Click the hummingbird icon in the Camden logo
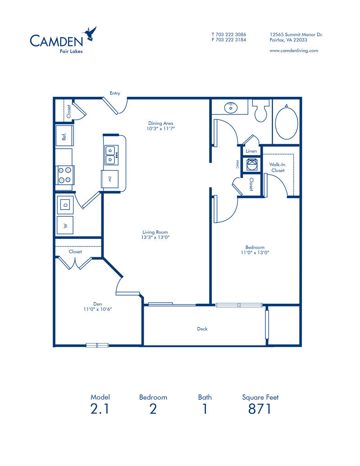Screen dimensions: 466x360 pyautogui.click(x=90, y=34)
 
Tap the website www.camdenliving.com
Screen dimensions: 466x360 pyautogui.click(x=294, y=50)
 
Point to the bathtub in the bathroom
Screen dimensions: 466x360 pyautogui.click(x=286, y=123)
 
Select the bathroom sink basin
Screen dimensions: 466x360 pyautogui.click(x=231, y=107)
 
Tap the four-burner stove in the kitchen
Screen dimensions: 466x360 pyautogui.click(x=65, y=175)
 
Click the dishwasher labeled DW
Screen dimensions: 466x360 pyautogui.click(x=110, y=179)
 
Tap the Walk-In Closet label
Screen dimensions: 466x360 pyautogui.click(x=277, y=168)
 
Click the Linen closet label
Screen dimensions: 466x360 pyautogui.click(x=251, y=151)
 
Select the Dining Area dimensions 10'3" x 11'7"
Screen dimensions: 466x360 pyautogui.click(x=161, y=128)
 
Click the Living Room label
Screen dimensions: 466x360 pyautogui.click(x=155, y=232)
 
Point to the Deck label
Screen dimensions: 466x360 pyautogui.click(x=202, y=329)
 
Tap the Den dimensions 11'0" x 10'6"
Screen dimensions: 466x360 pyautogui.click(x=97, y=309)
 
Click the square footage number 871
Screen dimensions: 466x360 pyautogui.click(x=260, y=409)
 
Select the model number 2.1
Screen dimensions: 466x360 pyautogui.click(x=100, y=409)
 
